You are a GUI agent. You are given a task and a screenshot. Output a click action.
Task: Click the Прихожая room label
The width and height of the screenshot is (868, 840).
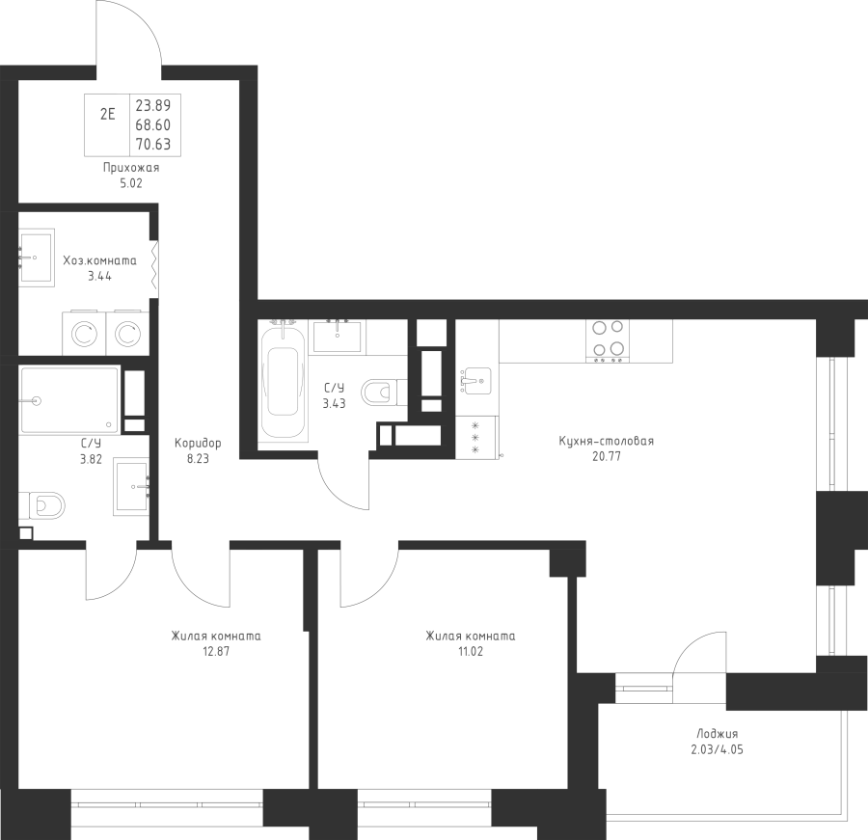[x=131, y=168]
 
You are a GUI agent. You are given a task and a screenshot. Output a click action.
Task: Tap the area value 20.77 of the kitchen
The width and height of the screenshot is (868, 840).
[x=607, y=457]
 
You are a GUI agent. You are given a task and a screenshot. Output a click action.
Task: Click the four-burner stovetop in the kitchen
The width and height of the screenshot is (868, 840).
[x=608, y=340]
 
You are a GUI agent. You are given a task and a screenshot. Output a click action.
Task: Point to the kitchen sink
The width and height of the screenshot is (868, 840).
[x=475, y=381]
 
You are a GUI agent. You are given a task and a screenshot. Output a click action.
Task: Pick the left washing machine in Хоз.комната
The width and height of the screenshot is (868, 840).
[x=85, y=333]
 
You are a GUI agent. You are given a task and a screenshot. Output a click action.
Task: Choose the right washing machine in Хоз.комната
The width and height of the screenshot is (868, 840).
[x=127, y=333]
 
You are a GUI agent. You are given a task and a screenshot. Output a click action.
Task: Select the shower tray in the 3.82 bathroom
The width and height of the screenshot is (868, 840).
[x=69, y=400]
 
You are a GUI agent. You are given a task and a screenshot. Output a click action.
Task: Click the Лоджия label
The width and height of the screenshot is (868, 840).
[x=718, y=734]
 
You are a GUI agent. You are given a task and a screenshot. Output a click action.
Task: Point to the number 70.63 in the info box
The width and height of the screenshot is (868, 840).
[x=153, y=144]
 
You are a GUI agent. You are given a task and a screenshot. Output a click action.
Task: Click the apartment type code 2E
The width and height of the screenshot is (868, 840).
[x=107, y=115]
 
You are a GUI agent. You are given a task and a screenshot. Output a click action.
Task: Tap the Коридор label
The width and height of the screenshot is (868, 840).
[x=198, y=443]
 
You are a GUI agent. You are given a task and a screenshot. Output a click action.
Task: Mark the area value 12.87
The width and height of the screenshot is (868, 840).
[x=216, y=652]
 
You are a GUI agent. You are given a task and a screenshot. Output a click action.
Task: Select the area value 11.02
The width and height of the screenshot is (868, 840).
[x=471, y=652]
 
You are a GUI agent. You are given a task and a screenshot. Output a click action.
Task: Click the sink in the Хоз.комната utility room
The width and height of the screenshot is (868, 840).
[x=37, y=257]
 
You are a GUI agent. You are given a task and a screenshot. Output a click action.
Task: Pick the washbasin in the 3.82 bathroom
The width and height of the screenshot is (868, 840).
[x=132, y=487]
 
